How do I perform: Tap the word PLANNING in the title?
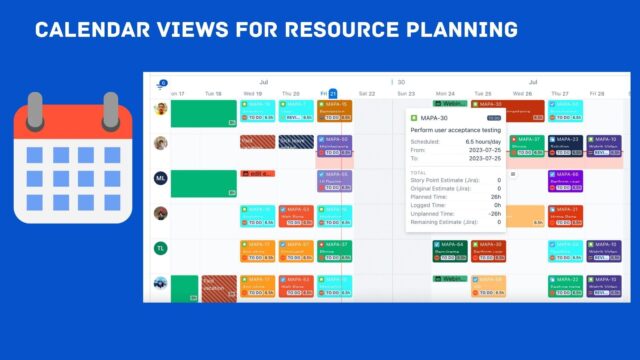click(466, 29)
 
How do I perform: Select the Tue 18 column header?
click(213, 93)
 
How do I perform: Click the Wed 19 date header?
click(253, 93)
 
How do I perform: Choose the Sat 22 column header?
click(367, 93)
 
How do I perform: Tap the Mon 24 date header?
click(444, 93)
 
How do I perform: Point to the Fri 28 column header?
click(597, 93)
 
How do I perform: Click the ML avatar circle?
click(160, 178)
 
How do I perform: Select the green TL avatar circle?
click(160, 247)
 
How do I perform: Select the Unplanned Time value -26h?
click(494, 213)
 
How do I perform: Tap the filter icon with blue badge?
click(160, 85)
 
